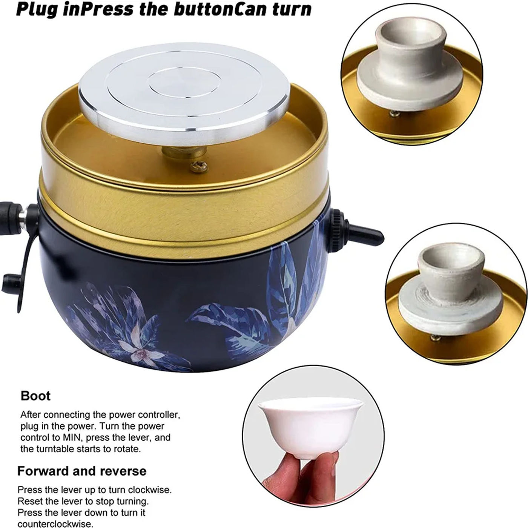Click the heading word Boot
click(x=35, y=396)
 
